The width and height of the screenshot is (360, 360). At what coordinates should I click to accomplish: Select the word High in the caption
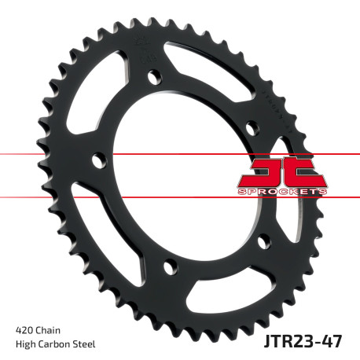26,343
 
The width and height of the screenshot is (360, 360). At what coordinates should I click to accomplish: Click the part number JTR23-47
307,342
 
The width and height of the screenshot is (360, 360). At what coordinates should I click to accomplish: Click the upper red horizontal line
47,155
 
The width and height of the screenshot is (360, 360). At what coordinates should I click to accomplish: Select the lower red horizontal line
47,197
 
